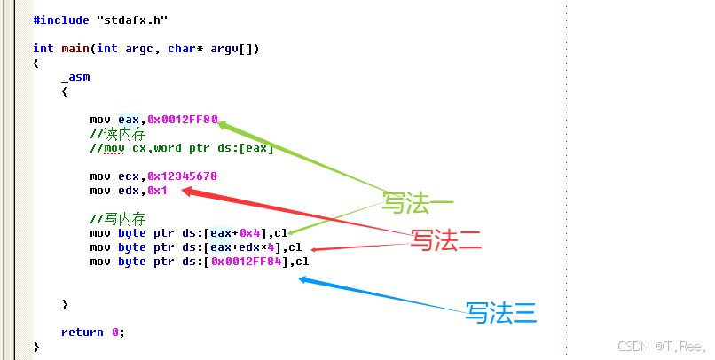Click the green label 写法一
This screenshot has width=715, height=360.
(x=418, y=203)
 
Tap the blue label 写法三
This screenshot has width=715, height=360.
(x=501, y=311)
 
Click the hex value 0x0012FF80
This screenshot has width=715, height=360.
(x=182, y=120)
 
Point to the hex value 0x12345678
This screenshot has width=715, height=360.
(x=182, y=176)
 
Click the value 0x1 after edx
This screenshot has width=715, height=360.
(x=157, y=191)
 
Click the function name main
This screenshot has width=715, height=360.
(x=75, y=49)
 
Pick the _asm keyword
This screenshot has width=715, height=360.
(x=75, y=77)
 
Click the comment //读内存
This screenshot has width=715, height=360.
(x=118, y=134)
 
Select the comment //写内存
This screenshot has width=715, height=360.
(x=118, y=219)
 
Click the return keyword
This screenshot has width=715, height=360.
(x=82, y=333)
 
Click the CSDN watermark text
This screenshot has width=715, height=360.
(x=649, y=345)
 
